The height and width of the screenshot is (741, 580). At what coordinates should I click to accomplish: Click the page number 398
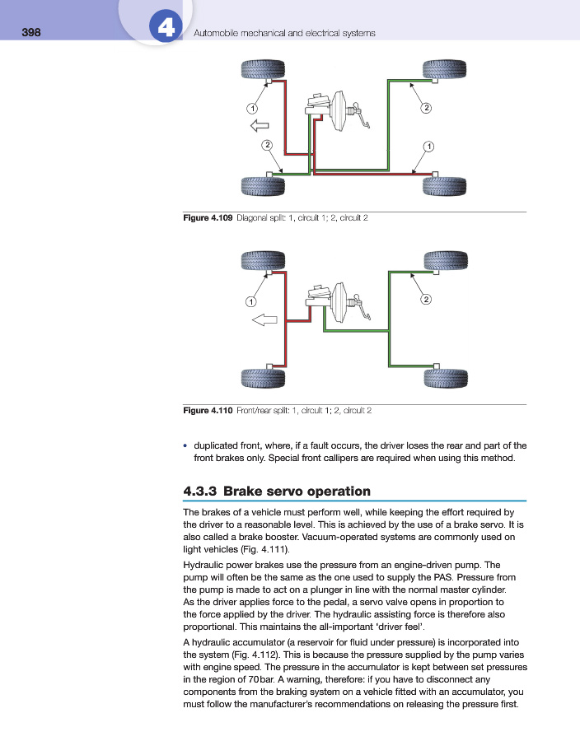click(x=31, y=33)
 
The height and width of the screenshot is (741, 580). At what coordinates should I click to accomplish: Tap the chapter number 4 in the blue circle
click(x=165, y=29)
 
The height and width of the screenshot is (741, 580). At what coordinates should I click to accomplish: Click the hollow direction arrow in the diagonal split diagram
click(x=260, y=125)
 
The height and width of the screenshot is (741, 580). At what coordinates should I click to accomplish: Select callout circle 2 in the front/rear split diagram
click(x=426, y=299)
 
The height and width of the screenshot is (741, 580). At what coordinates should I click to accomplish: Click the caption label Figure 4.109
click(x=208, y=218)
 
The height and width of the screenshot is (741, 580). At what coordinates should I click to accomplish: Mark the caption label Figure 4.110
click(x=208, y=409)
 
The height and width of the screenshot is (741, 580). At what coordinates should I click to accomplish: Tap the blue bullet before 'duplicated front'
click(x=185, y=445)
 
